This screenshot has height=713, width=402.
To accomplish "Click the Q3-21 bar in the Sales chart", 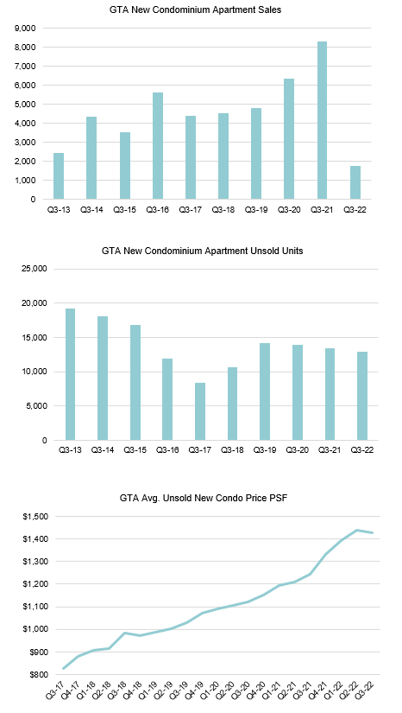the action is tap(322, 120).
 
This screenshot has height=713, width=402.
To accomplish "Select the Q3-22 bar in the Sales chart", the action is tap(355, 182).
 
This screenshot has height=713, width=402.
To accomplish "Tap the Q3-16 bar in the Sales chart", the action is tap(158, 146).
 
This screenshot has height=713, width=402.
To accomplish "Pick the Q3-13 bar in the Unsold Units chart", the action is tap(70, 375).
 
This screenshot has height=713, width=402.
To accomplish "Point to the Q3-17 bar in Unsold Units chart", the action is tap(200, 411).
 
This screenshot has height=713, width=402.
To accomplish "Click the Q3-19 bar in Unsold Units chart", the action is tap(265, 392).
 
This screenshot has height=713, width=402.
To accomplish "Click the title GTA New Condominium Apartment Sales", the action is tap(195, 10).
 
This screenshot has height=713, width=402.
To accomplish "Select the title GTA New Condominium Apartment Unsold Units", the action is tap(203, 251).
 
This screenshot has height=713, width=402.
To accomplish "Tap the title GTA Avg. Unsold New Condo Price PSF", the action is tap(204, 499).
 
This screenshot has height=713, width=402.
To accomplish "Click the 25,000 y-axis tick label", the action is tap(35, 269).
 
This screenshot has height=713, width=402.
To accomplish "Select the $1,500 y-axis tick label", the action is tap(35, 517).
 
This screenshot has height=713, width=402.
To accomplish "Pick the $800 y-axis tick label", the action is tap(37, 675).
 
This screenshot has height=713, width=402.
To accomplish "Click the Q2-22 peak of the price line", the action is tap(357, 530).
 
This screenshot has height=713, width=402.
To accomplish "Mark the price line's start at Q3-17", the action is tap(63, 668).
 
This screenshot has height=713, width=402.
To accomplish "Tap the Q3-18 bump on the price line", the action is tap(125, 633).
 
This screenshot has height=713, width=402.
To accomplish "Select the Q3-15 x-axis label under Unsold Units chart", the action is tap(135, 450).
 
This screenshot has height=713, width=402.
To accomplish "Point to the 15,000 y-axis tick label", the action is tap(35, 337).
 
